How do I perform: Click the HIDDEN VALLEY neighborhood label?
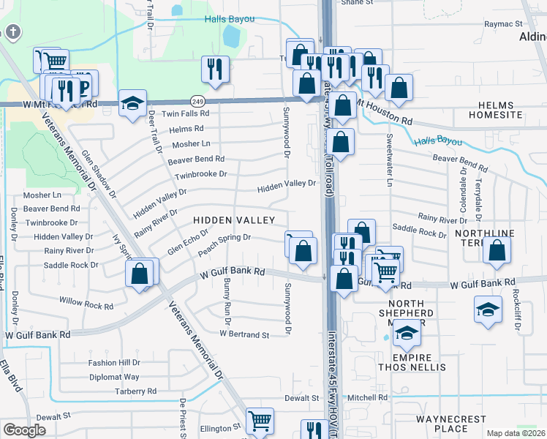234,220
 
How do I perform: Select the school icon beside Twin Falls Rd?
132,103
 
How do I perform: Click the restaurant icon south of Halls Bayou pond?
215,70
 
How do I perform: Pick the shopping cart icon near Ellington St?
260,421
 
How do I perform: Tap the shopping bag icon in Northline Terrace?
497,251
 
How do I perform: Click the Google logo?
24,430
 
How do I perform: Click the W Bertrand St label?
244,334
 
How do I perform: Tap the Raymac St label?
504,24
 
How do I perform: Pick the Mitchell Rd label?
367,398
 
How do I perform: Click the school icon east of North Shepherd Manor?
488,309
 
